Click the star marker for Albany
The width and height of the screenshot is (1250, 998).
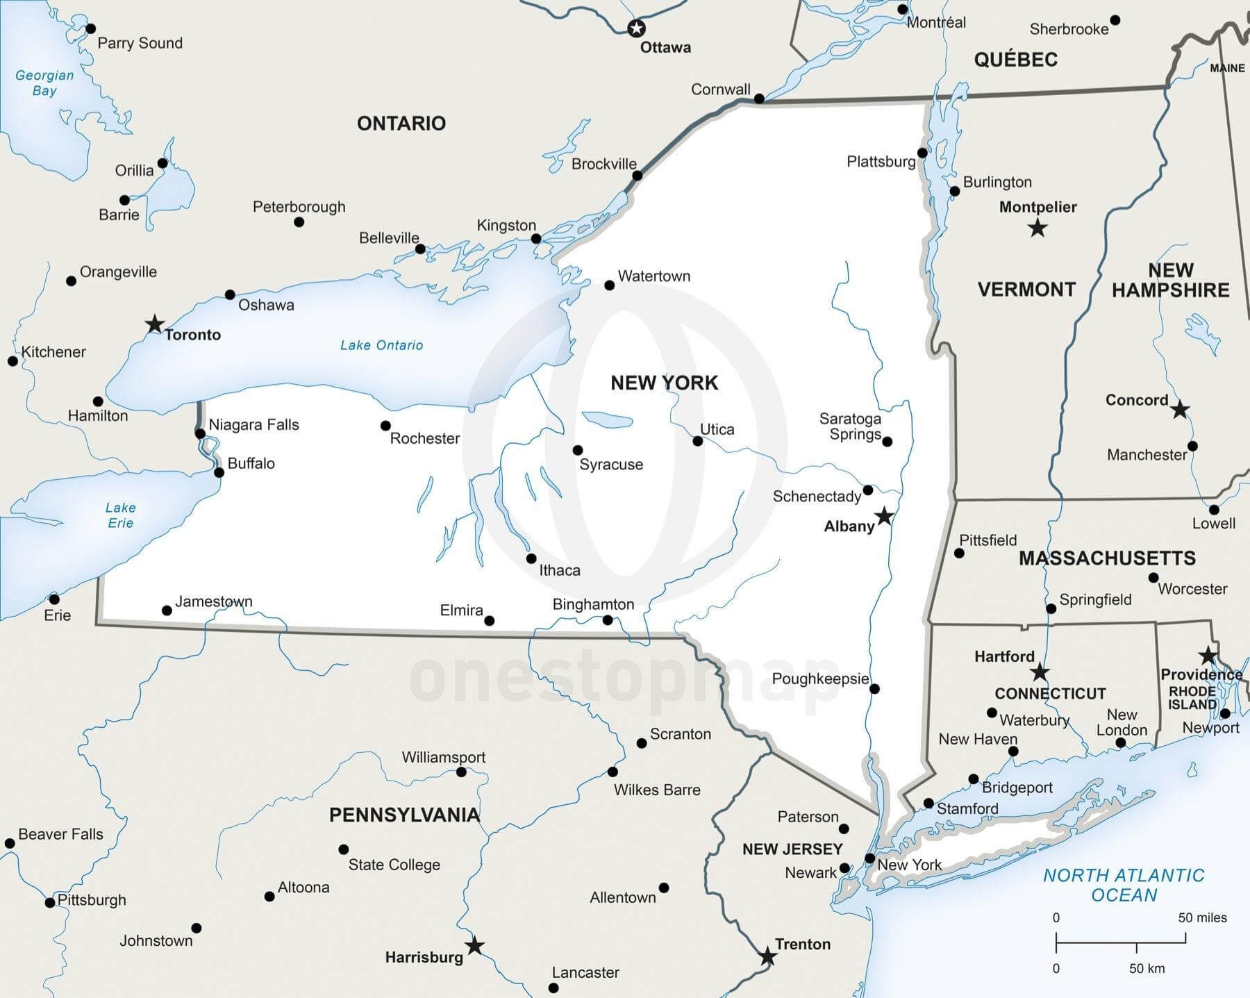883,516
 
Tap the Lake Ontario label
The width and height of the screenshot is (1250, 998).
381,345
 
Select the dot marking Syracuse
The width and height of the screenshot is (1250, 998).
577,450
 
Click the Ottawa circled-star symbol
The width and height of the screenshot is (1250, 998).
636,28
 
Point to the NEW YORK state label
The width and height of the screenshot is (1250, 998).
664,383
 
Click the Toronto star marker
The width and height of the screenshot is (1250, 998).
154,324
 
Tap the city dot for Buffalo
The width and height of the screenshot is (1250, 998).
219,472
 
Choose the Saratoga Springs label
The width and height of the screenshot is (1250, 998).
850,426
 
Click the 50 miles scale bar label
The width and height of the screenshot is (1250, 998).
1202,917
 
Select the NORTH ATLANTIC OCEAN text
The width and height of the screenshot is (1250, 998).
1124,885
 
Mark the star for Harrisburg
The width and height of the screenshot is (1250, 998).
474,946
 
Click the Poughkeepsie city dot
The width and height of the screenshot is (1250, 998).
874,689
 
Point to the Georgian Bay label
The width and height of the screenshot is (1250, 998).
44,83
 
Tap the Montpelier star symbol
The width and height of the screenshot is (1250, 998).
1037,228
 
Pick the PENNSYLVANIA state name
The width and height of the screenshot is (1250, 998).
404,815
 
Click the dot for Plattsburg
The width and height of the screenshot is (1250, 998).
922,153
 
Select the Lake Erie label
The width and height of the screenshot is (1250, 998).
120,515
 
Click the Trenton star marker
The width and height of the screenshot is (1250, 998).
767,956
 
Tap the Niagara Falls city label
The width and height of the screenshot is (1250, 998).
253,424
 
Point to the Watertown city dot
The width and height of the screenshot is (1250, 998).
609,285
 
